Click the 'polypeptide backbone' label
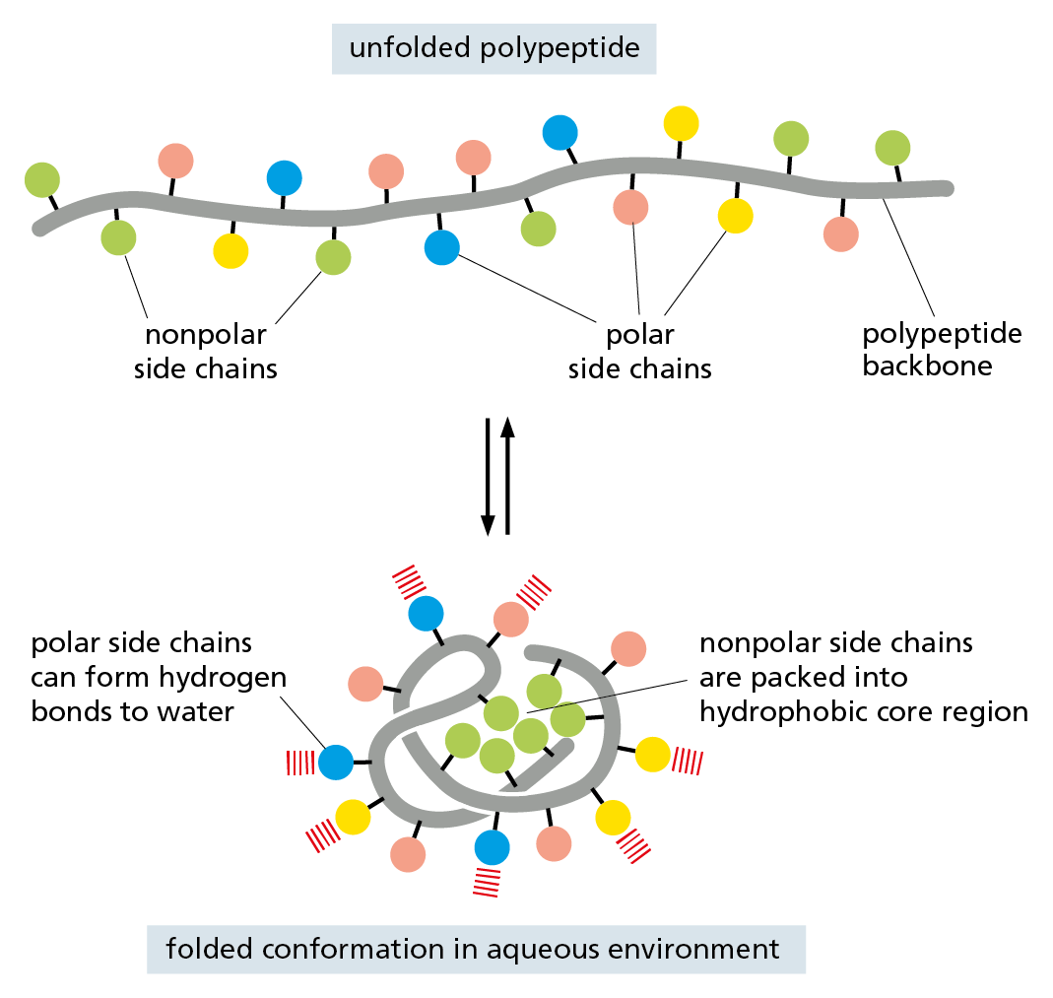(941, 349)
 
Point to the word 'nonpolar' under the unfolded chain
(206, 335)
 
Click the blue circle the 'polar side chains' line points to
(442, 246)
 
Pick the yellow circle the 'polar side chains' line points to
(735, 216)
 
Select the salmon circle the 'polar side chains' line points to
(630, 207)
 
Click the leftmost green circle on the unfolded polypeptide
(42, 180)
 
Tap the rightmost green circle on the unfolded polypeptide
(892, 148)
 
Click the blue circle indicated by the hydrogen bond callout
(336, 762)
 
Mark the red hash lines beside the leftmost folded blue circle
(299, 762)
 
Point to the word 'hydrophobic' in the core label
(781, 711)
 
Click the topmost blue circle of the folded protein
(426, 613)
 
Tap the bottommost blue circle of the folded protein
(492, 846)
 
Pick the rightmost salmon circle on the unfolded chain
(840, 233)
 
